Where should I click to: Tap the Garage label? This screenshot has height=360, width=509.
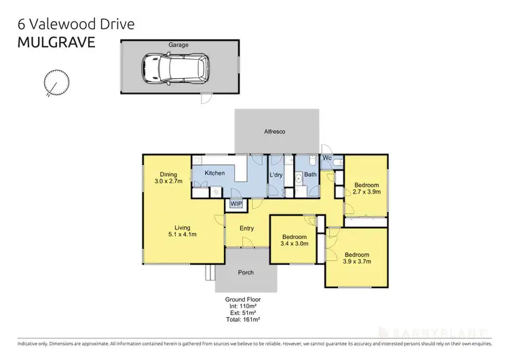[178, 45]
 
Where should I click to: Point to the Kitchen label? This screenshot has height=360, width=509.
[214, 173]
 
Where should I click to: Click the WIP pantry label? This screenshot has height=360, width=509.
[236, 203]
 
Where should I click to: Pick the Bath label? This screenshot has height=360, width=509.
[311, 175]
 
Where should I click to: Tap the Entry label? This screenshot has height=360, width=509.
[246, 228]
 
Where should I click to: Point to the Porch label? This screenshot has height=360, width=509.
[246, 272]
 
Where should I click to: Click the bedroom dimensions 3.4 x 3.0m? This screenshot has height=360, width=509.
[295, 243]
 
